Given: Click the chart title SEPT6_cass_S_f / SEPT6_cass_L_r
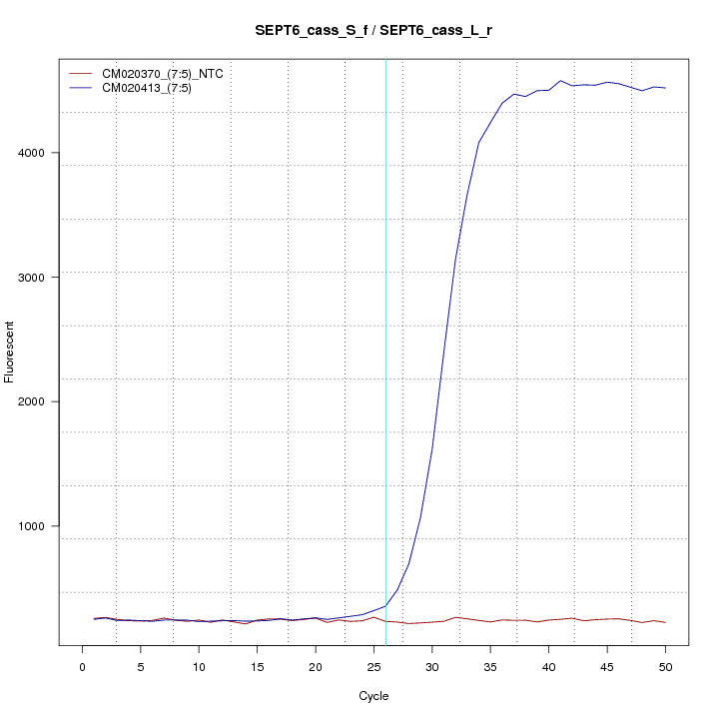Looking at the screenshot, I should coord(373,31).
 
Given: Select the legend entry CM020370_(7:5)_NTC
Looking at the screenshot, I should coord(170,74).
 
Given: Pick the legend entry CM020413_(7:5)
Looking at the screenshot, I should coord(154,88).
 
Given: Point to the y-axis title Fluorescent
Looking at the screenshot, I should coord(10,352).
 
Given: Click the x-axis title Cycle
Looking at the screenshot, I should coord(373,696).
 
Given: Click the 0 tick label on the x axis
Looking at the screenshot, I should coord(83,667).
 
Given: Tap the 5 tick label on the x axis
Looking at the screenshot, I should coord(141,667).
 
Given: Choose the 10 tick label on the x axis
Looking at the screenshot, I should coord(199,667).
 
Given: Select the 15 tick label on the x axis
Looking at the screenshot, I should coord(258,667).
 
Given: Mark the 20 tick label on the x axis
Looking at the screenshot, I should coord(316,667).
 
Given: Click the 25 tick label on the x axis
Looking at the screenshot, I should coord(373,667).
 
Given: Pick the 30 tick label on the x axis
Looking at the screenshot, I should coord(432,667).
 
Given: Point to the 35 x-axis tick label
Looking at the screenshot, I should coord(490,667).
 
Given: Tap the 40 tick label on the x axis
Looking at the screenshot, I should coord(548,667).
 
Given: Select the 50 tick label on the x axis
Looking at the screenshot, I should coord(665,667).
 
